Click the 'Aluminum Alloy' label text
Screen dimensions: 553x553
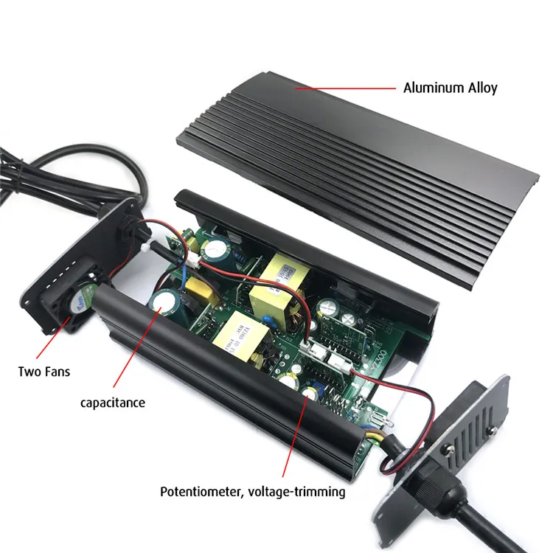[x=450, y=88]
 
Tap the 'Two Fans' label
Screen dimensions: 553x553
[x=44, y=371]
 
